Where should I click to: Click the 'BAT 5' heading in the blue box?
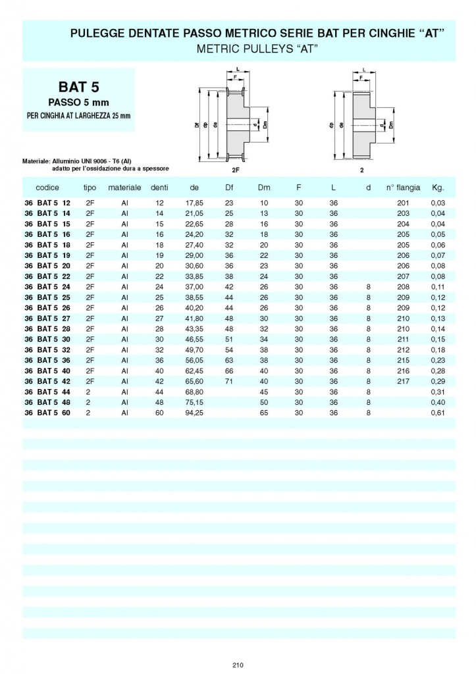point(78,87)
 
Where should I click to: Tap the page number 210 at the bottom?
point(238,665)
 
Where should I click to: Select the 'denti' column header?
point(159,188)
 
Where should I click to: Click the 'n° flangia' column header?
point(403,188)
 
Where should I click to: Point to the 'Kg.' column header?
point(438,188)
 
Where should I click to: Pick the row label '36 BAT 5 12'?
point(47,203)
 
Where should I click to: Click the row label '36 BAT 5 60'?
point(47,413)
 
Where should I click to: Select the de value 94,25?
point(194,413)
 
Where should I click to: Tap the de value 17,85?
point(194,203)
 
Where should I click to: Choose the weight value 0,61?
point(438,413)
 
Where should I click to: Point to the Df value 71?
point(230,381)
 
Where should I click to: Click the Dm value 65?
point(265,413)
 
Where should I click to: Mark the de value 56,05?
point(194,360)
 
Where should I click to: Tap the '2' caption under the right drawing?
point(361,169)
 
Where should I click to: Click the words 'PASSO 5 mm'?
point(78,102)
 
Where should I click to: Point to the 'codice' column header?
point(47,188)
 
